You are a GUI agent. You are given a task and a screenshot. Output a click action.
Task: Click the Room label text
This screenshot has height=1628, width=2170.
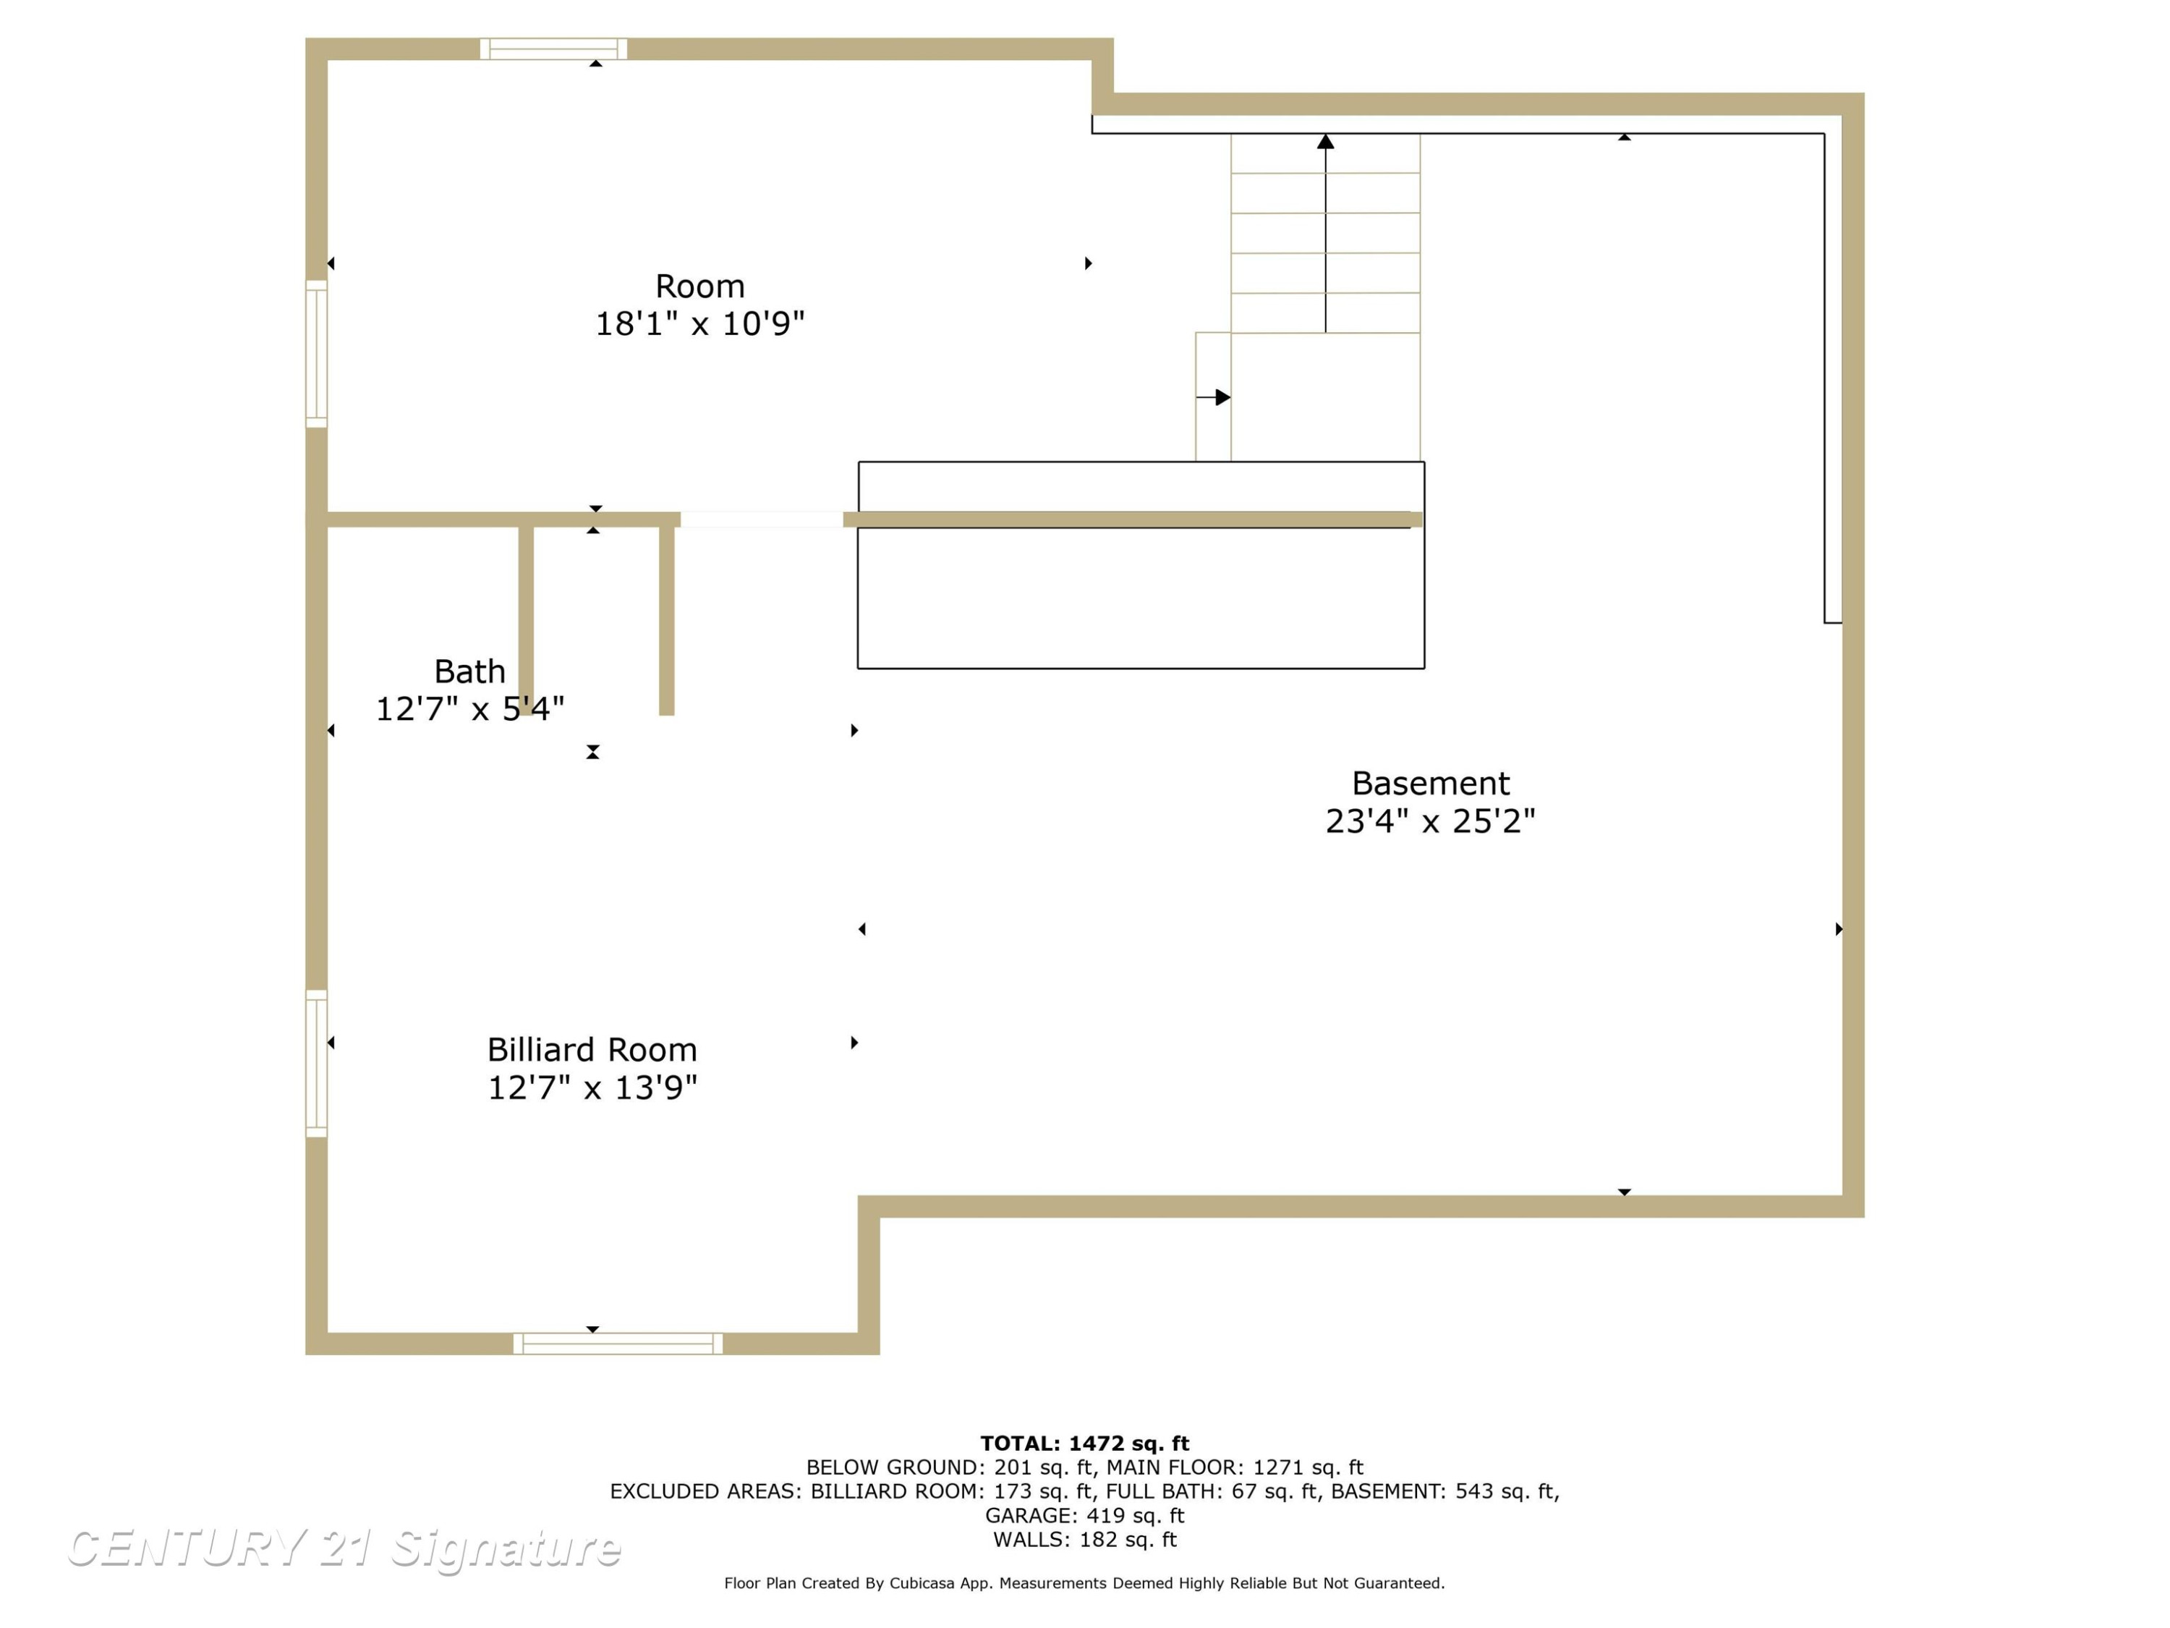pos(699,287)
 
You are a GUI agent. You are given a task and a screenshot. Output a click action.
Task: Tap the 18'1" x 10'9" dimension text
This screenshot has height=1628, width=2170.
pos(699,323)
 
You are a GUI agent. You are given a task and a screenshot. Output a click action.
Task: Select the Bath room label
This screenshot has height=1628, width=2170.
pos(470,671)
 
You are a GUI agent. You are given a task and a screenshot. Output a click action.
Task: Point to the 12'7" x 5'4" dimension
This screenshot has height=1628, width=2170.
pos(470,708)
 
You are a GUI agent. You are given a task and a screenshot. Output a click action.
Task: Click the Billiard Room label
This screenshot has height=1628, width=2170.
pos(592,1050)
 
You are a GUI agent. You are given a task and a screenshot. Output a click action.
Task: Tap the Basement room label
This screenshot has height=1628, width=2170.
pos(1430,783)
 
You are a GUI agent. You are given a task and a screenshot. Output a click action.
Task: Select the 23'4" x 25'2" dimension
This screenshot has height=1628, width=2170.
pos(1430,821)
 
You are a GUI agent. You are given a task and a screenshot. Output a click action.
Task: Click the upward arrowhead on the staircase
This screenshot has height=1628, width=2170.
pos(1325,141)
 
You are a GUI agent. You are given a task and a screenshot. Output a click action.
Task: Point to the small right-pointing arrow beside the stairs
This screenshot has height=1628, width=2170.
pos(1214,397)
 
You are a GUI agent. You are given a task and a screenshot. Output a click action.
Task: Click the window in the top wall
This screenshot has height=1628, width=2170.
pos(553,49)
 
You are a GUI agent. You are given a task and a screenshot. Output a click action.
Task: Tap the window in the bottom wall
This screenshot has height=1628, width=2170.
pos(618,1344)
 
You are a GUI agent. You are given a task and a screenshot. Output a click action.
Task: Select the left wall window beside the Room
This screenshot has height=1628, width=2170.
pos(316,355)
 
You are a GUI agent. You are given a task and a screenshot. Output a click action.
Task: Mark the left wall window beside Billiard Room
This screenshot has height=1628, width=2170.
pos(316,1064)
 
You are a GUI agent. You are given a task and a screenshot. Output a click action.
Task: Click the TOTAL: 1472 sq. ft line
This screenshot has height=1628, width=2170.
pos(1085,1443)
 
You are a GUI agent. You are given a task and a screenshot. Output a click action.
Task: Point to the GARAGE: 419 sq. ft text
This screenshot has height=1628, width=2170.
pos(1085,1515)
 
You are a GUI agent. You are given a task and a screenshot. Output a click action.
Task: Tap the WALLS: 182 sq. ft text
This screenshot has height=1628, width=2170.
pos(1085,1540)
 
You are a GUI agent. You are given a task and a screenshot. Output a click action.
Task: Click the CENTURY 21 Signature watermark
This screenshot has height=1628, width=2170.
pos(344,1548)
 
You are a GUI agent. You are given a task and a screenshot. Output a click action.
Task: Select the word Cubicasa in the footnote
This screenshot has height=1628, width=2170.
pos(922,1583)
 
